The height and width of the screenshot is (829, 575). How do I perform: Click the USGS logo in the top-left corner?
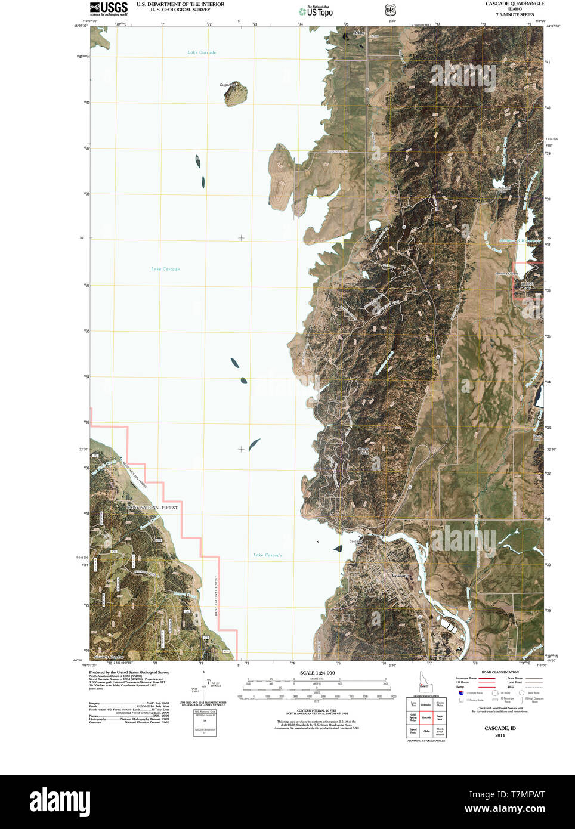click(x=109, y=8)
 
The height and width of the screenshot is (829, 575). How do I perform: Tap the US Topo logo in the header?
click(x=316, y=11)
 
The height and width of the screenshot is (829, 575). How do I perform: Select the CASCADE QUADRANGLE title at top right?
click(x=514, y=4)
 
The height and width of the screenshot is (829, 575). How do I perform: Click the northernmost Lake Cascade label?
click(x=202, y=52)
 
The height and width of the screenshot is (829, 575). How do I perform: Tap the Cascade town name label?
click(x=400, y=575)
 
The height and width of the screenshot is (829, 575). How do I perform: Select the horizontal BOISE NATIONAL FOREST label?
click(x=152, y=508)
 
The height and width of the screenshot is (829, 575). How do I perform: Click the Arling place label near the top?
click(x=358, y=33)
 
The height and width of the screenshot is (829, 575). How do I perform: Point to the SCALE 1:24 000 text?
click(x=317, y=673)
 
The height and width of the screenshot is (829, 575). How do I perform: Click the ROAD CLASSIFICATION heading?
click(x=500, y=672)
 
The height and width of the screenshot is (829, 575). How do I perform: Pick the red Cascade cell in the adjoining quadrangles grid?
click(x=426, y=717)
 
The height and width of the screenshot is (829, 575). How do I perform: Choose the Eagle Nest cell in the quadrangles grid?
click(x=440, y=717)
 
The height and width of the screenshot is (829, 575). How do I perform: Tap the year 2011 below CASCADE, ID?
click(x=500, y=735)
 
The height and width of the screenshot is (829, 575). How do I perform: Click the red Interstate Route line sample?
click(x=487, y=679)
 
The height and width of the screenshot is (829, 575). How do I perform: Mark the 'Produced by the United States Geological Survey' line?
click(x=129, y=672)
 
